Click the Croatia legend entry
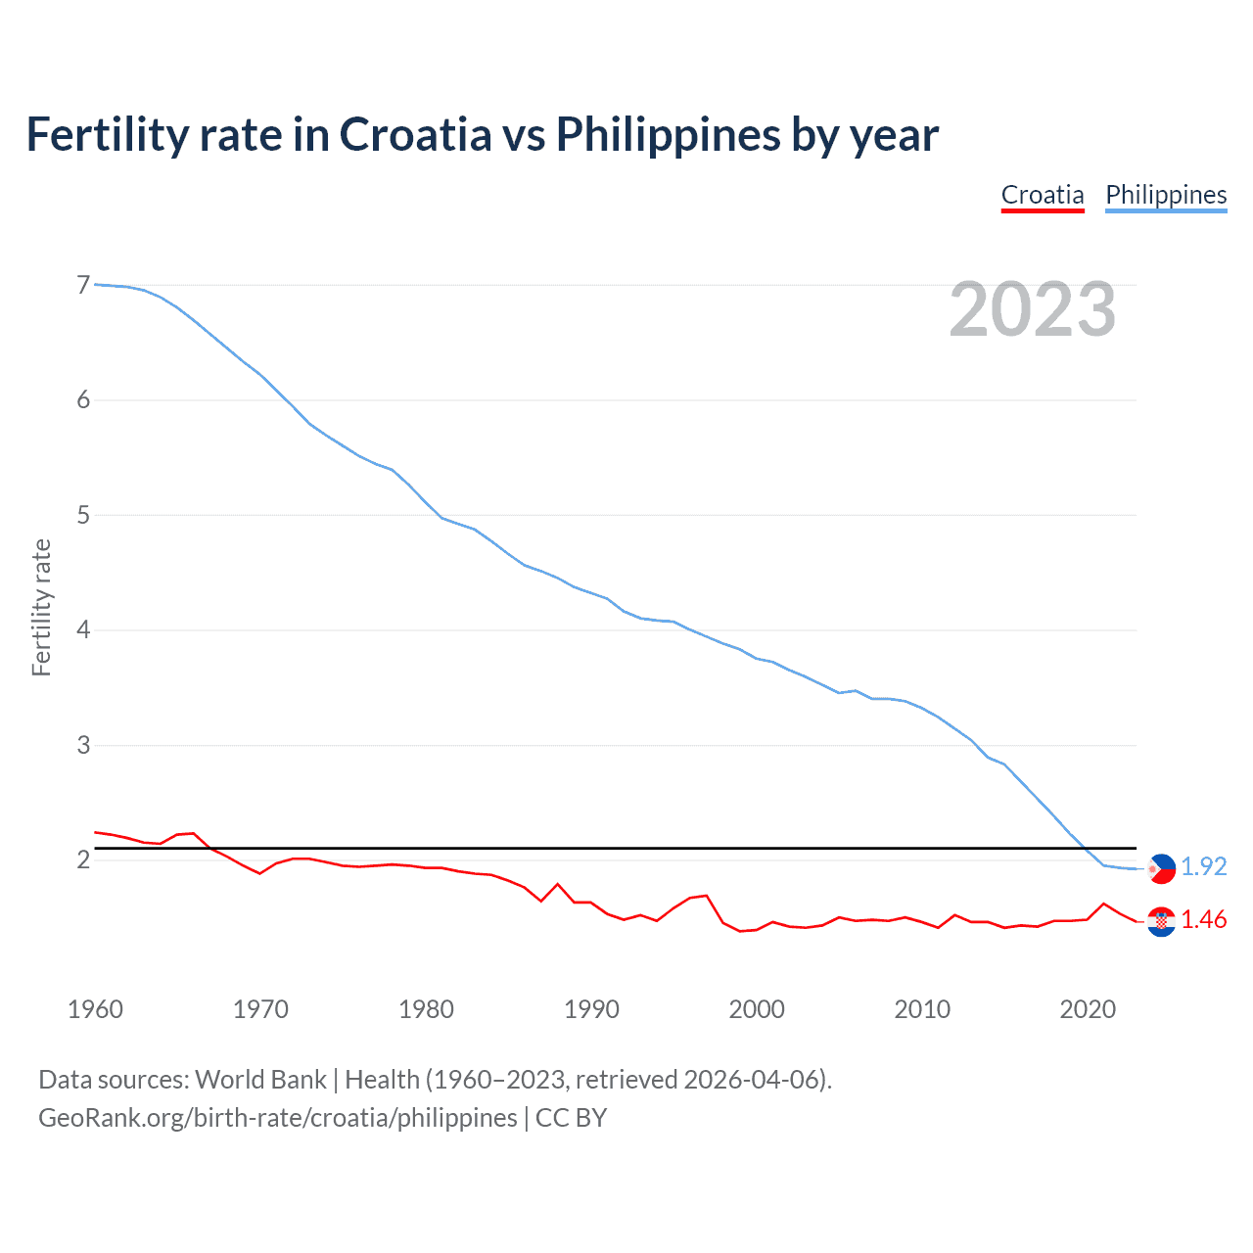(x=1043, y=195)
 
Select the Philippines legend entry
(x=1166, y=195)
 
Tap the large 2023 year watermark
(x=1032, y=309)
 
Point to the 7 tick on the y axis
(x=83, y=285)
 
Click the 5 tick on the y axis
(x=83, y=515)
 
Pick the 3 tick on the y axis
(x=83, y=745)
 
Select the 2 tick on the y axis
(x=83, y=859)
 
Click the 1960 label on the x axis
(x=95, y=1009)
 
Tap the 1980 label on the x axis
(x=426, y=1009)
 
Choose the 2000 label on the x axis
(x=757, y=1009)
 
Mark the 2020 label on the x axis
(x=1088, y=1009)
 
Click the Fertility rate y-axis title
(x=41, y=607)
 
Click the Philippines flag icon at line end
(x=1161, y=868)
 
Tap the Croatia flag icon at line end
(x=1161, y=921)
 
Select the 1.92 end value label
(x=1203, y=867)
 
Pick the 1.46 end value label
(x=1203, y=920)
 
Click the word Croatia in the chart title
(x=415, y=134)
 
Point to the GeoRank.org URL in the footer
(x=277, y=1118)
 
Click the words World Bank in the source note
(x=260, y=1080)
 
